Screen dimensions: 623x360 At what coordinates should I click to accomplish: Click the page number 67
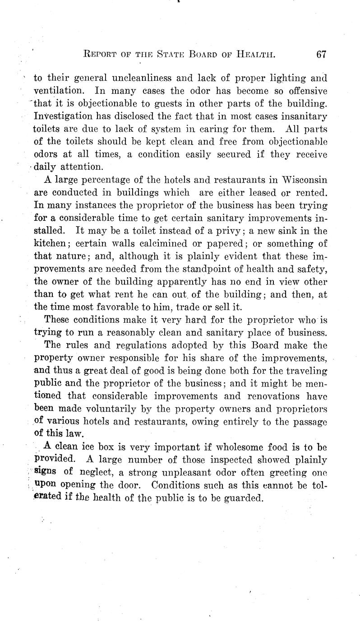(321, 55)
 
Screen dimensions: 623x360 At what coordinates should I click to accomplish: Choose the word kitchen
(50, 244)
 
